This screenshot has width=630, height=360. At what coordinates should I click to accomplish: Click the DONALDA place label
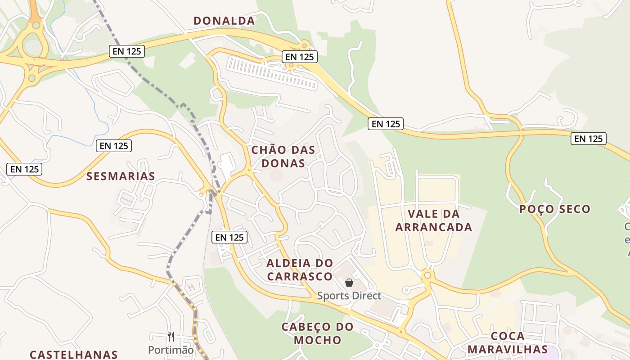[224, 21]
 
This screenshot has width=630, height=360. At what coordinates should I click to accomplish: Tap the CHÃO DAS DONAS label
[283, 156]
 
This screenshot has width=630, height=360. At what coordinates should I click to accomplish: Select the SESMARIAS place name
[121, 176]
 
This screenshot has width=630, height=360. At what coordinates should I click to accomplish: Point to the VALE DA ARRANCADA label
[434, 220]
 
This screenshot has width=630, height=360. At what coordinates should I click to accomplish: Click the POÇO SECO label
[554, 209]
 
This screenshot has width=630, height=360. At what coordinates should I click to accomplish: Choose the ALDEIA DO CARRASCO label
[300, 269]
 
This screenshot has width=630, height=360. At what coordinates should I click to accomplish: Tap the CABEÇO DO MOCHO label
[317, 333]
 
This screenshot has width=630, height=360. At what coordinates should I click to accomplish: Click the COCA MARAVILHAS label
[508, 342]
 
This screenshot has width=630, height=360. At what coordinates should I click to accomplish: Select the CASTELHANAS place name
[74, 355]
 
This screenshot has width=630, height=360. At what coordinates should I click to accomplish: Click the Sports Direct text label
[349, 296]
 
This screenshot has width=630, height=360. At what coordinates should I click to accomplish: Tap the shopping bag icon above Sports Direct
[349, 283]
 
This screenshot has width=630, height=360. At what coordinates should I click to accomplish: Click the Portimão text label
[171, 350]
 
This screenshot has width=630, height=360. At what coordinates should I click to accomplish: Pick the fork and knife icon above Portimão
[171, 336]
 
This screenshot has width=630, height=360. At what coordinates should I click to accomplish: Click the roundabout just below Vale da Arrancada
[427, 275]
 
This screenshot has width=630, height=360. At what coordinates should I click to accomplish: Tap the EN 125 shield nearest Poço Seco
[588, 139]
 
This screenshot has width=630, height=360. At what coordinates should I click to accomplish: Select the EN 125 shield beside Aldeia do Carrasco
[229, 237]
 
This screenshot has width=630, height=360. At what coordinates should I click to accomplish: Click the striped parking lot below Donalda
[272, 72]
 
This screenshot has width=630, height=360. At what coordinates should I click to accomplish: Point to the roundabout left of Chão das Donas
[248, 170]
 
